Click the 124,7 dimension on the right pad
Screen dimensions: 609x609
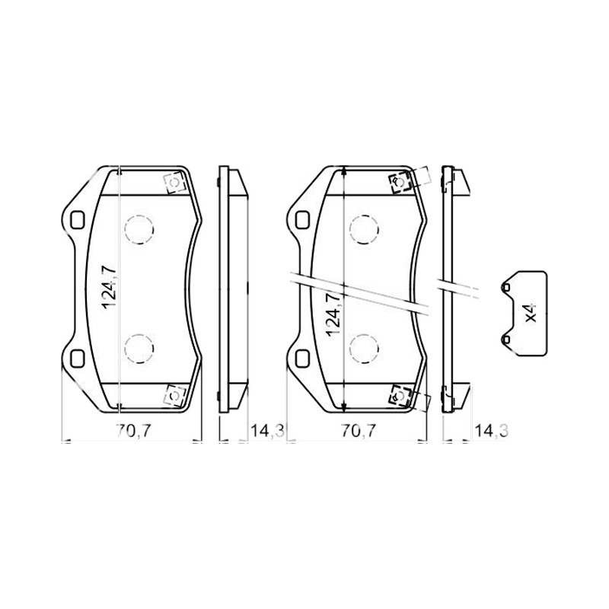(x=334, y=315)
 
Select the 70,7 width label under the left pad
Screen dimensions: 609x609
(x=132, y=431)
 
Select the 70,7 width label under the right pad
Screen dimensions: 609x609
(x=359, y=431)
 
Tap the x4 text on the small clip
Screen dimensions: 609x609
(x=531, y=313)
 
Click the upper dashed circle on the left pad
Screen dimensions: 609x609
(x=139, y=229)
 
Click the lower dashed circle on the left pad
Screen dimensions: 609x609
(x=139, y=349)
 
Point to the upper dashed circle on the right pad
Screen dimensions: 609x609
(x=364, y=229)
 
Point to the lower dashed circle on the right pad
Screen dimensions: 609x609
(x=364, y=349)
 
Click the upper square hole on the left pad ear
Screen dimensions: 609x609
(x=77, y=219)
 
